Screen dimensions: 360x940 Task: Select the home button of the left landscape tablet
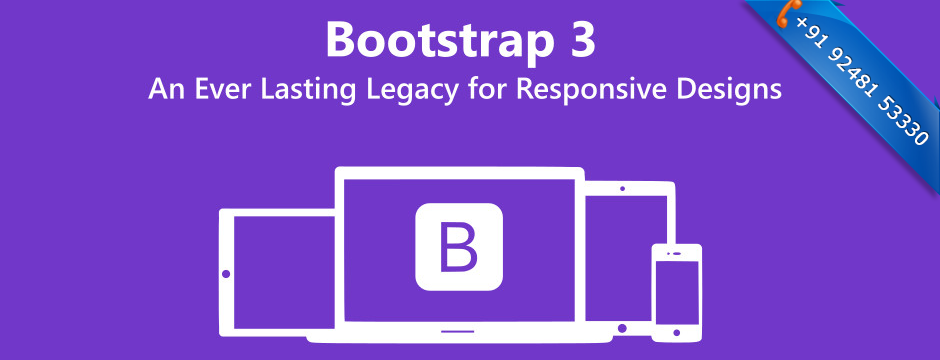[227, 273]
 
